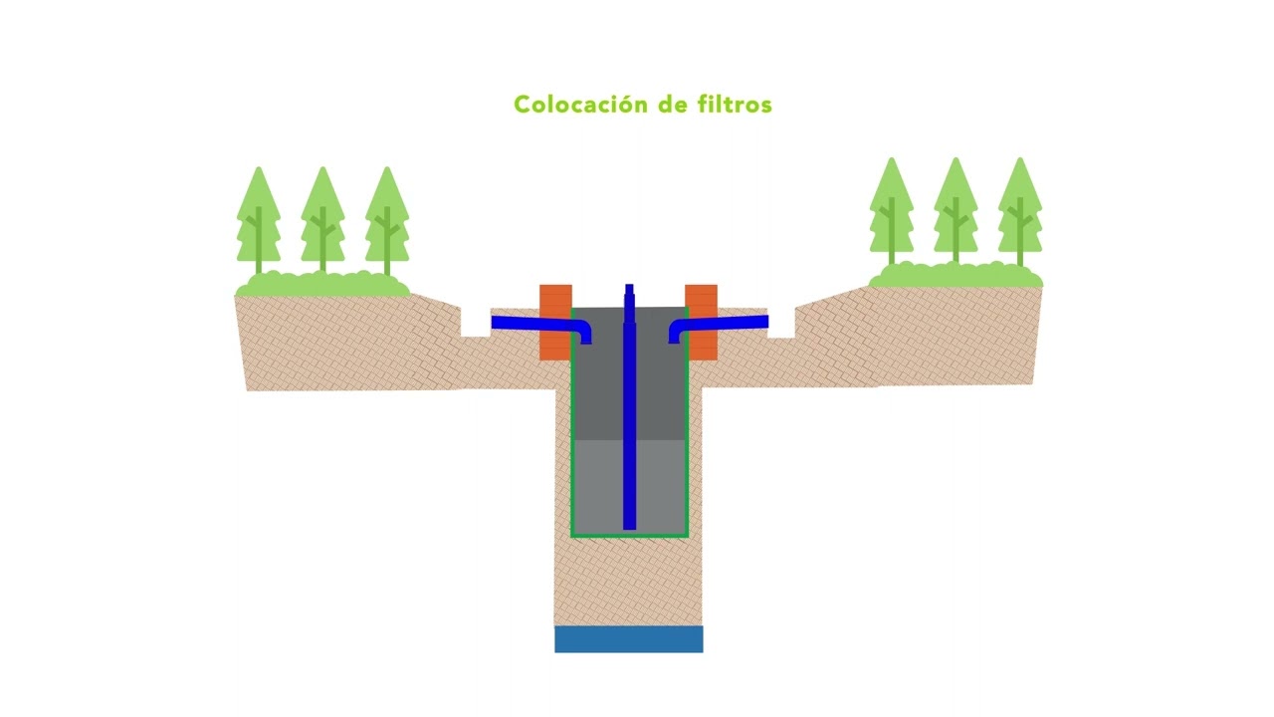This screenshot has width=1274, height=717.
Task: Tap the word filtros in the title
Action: coord(735,105)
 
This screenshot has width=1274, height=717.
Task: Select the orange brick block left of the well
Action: coord(555,322)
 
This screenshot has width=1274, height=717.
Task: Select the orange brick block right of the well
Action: coord(702,322)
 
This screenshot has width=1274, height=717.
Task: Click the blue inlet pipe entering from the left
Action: coord(540,325)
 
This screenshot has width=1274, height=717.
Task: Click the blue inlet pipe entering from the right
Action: coord(719,325)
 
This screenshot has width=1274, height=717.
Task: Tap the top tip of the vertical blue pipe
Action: coord(629,285)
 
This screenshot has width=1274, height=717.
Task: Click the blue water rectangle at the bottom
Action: coord(628,639)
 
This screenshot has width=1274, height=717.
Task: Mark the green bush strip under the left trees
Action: coord(322,284)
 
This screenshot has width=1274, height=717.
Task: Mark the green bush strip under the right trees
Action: coord(955,275)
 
